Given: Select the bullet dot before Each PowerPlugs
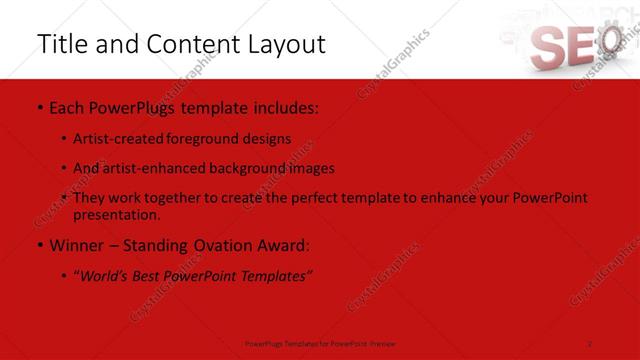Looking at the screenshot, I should click(x=39, y=107).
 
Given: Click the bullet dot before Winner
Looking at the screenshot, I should click(x=39, y=245).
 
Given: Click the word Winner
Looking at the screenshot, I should click(x=78, y=245).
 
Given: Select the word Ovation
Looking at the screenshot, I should click(x=232, y=245).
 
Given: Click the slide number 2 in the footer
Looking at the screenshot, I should click(x=590, y=343).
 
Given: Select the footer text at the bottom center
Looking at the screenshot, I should click(x=320, y=343).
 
